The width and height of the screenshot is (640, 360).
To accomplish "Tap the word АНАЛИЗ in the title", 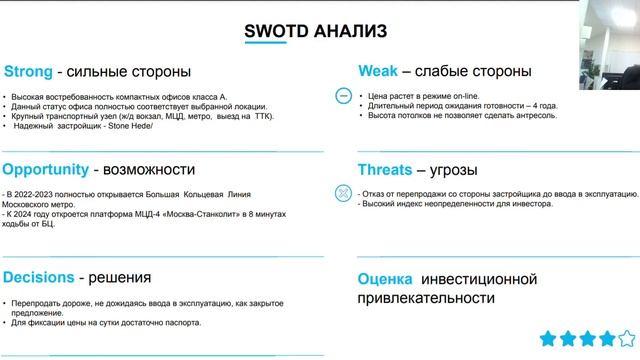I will point(350,32).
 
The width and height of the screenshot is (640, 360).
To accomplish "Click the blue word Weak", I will point(380,72).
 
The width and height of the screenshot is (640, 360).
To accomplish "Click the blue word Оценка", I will point(385,277).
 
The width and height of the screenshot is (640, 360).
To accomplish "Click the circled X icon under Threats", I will point(342,191).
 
